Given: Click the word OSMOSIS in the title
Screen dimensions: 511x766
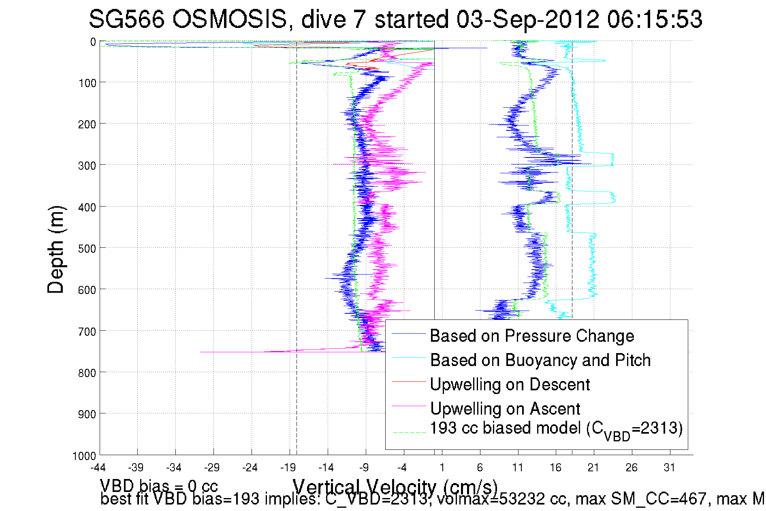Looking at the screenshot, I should (230, 19).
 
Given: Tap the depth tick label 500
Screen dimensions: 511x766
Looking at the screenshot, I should (87, 249).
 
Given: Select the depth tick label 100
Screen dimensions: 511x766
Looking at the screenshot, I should (87, 83).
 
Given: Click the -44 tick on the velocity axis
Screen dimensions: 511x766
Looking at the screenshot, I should (98, 468).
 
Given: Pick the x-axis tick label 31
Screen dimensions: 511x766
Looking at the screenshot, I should (669, 468).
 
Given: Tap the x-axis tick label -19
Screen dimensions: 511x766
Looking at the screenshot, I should (288, 468).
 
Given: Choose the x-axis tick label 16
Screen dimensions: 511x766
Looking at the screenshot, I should (555, 468).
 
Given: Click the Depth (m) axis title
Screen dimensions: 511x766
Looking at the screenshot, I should (56, 249).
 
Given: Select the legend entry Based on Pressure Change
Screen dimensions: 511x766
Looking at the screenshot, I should (532, 336).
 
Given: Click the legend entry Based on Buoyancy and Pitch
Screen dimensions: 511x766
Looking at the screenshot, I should (540, 360).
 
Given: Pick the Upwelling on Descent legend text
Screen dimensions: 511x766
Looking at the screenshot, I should (510, 384).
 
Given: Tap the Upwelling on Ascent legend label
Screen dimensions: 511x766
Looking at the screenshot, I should (505, 409).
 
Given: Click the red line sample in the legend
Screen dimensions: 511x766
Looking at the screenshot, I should (409, 381).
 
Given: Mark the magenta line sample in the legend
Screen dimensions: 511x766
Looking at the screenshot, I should (409, 406).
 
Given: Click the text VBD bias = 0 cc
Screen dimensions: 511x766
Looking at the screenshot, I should (159, 486).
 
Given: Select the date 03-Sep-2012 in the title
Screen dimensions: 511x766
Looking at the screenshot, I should (527, 19).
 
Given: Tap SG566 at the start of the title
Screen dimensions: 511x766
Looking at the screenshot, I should (126, 19).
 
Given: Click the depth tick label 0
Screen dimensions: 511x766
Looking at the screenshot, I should (93, 42).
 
